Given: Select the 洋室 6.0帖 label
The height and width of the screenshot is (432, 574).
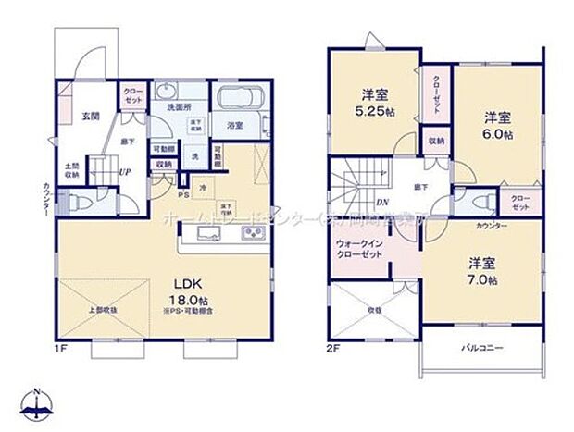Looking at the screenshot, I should coord(497,125).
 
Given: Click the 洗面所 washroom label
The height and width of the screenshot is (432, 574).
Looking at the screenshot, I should coord(179,107).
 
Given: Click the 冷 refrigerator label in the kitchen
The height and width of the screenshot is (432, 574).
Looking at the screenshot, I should coord(202,189).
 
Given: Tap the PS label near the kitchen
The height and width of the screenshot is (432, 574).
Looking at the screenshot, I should coord(182,195).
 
